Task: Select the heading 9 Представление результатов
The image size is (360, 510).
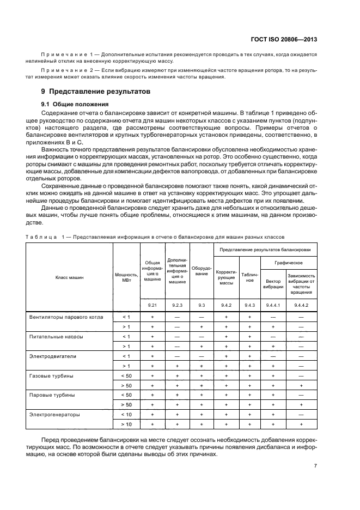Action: (x=91, y=91)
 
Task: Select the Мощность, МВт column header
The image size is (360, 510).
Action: (x=126, y=277)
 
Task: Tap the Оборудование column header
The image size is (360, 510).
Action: (x=202, y=271)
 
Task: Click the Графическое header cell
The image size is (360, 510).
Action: (x=289, y=262)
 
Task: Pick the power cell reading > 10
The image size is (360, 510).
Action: (x=126, y=424)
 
